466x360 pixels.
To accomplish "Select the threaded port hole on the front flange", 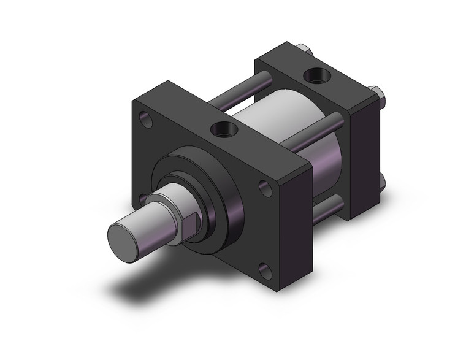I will (x=220, y=129).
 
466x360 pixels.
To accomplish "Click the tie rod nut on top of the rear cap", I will (x=304, y=48).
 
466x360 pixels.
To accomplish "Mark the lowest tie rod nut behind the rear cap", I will (x=381, y=183).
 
